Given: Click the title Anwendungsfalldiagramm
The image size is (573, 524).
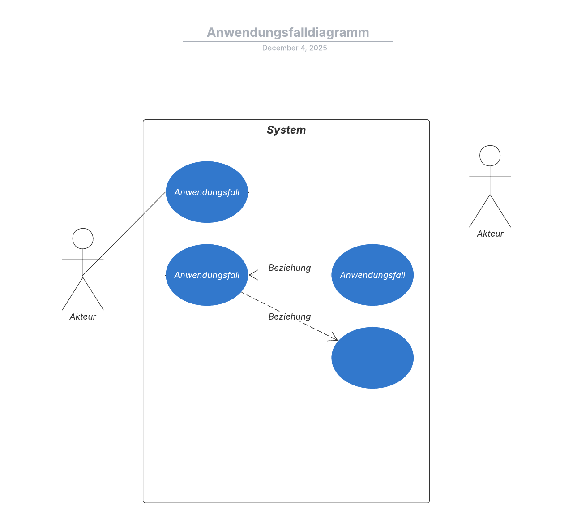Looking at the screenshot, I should pyautogui.click(x=288, y=33).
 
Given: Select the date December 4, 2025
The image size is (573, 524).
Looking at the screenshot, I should pyautogui.click(x=295, y=48).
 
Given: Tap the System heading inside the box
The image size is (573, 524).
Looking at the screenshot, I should pyautogui.click(x=286, y=130).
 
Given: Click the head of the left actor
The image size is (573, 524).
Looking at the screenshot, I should pyautogui.click(x=83, y=238).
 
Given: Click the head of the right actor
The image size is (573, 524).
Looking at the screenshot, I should pyautogui.click(x=490, y=156).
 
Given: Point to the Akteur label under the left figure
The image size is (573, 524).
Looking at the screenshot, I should pyautogui.click(x=83, y=316).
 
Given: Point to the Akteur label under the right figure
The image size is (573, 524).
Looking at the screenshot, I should pyautogui.click(x=490, y=234).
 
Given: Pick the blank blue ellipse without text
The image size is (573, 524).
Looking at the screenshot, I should pyautogui.click(x=372, y=358).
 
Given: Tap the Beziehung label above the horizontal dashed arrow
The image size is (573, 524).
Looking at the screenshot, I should pyautogui.click(x=290, y=268).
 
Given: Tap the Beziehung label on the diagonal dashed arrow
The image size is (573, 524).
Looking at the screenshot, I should pyautogui.click(x=290, y=316).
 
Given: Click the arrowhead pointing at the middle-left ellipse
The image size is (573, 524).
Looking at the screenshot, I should pyautogui.click(x=253, y=275).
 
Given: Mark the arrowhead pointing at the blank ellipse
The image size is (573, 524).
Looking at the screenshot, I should pyautogui.click(x=334, y=338).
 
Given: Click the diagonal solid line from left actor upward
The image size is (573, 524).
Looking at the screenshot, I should pyautogui.click(x=124, y=233).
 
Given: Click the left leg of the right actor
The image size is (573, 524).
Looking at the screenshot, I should pyautogui.click(x=479, y=211).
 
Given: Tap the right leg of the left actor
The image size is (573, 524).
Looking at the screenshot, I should pyautogui.click(x=94, y=294).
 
